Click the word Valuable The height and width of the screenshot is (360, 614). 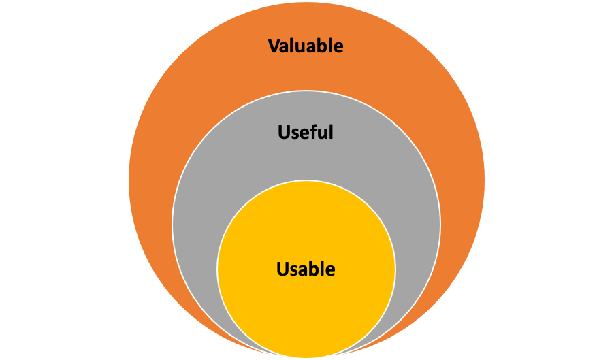306,46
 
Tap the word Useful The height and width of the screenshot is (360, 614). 306,132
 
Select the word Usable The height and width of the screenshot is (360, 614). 306,269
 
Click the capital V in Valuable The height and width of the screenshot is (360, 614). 274,46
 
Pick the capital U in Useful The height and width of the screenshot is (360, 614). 284,132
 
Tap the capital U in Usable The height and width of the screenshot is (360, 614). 282,269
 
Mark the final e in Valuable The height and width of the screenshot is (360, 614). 339,47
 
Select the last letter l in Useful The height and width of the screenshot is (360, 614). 332,132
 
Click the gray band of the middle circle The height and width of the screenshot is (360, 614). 204,225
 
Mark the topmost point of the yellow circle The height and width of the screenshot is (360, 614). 306,180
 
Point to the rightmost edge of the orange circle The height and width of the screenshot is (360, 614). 485,180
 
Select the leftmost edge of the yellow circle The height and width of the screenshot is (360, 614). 217,269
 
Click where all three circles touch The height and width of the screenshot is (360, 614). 306,357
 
